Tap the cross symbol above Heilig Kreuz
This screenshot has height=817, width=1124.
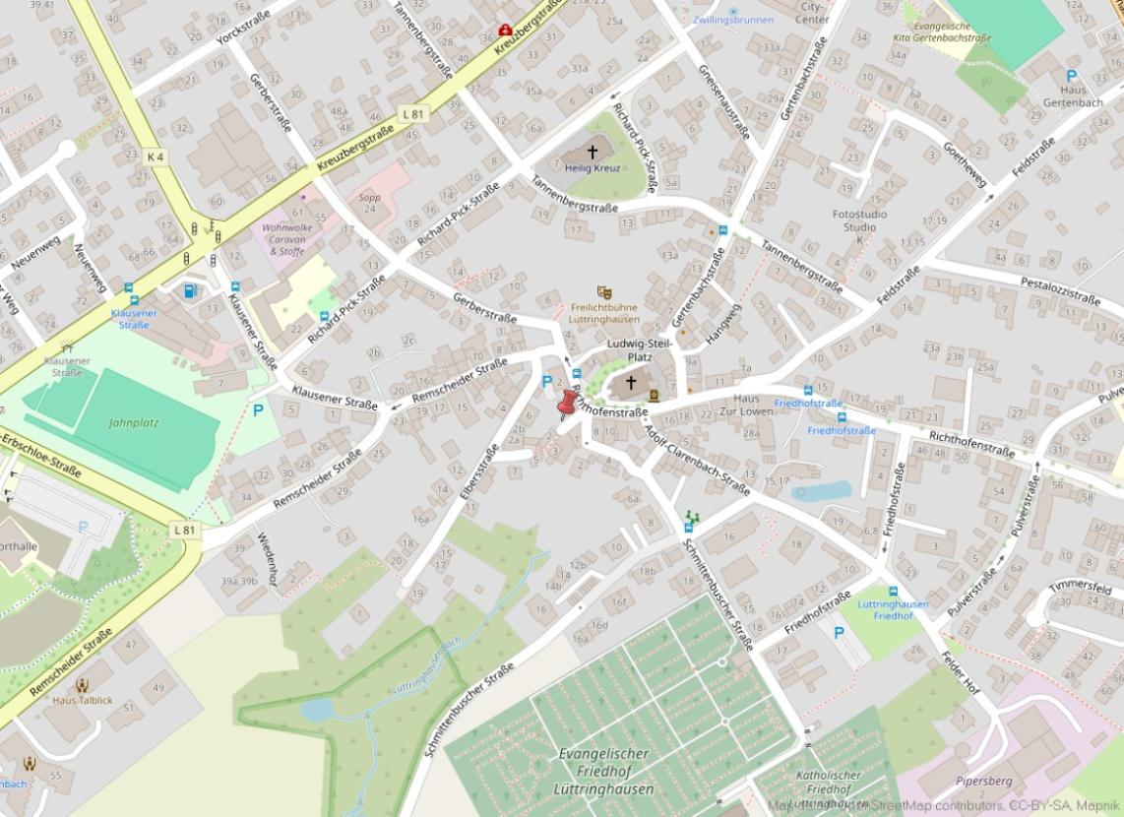(x=593, y=152)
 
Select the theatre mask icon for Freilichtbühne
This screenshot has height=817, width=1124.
(x=604, y=292)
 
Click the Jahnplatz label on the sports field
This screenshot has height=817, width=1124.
(x=134, y=423)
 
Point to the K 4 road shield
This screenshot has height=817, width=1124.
(x=156, y=157)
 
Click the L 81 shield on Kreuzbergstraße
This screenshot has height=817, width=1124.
(x=412, y=114)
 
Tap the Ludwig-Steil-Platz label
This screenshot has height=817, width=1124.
(x=640, y=350)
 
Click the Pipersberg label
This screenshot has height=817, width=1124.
(x=983, y=781)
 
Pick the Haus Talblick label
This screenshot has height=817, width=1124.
(x=83, y=700)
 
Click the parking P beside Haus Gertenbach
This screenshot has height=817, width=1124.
(x=1071, y=76)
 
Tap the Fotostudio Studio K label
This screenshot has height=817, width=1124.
(x=859, y=226)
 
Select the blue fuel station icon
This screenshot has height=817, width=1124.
(x=190, y=290)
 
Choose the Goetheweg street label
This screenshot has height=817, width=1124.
(x=964, y=163)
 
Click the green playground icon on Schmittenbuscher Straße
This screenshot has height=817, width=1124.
(x=692, y=515)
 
